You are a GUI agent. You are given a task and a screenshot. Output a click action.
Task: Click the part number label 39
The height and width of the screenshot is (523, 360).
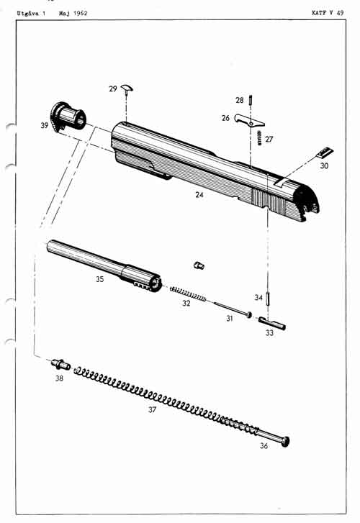tap(45, 125)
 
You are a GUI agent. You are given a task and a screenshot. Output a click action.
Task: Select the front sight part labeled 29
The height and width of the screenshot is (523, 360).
tap(128, 88)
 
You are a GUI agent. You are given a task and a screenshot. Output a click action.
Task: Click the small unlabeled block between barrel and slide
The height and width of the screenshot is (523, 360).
tap(199, 265)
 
